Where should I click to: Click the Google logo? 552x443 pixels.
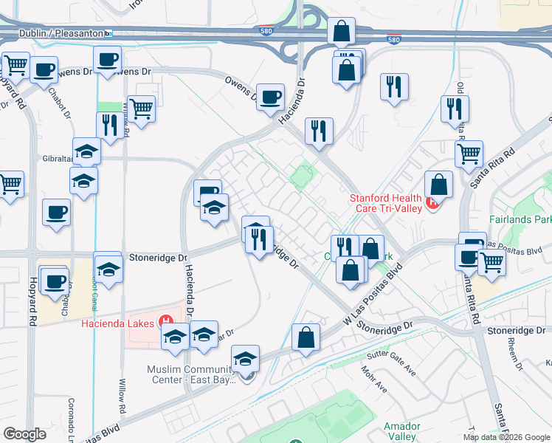click(24, 434)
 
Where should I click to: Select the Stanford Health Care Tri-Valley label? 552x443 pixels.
click(385, 203)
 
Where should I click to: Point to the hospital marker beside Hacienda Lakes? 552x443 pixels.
click(167, 323)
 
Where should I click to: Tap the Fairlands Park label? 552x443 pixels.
click(520, 219)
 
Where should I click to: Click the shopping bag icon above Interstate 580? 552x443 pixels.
click(341, 32)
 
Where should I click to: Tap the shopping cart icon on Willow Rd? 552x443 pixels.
click(141, 109)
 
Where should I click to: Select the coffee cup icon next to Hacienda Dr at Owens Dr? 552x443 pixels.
click(271, 96)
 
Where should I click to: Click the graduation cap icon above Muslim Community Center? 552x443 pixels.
click(246, 358)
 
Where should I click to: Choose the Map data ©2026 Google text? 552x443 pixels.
click(506, 436)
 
